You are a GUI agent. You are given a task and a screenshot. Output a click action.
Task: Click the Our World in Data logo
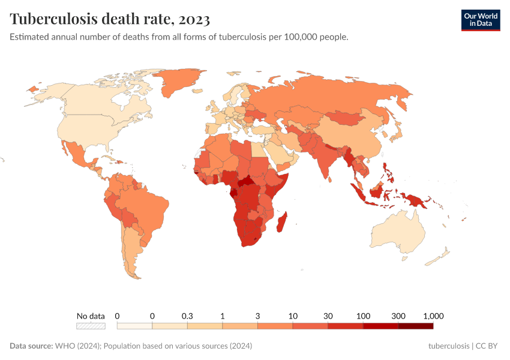480,20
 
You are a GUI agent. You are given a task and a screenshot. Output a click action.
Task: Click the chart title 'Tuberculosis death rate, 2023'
110,20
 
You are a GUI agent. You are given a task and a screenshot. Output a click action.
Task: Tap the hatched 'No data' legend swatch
91,326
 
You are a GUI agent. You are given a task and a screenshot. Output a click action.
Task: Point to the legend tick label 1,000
433,316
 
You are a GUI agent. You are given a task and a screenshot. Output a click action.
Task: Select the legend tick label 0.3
187,316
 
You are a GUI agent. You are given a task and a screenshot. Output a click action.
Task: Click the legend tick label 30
328,316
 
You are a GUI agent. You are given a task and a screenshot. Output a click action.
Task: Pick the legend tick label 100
363,316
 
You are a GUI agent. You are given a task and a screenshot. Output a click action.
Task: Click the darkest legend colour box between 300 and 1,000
415,326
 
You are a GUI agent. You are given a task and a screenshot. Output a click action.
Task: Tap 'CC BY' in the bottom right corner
488,346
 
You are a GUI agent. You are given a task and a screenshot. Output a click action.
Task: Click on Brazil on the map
147,207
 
